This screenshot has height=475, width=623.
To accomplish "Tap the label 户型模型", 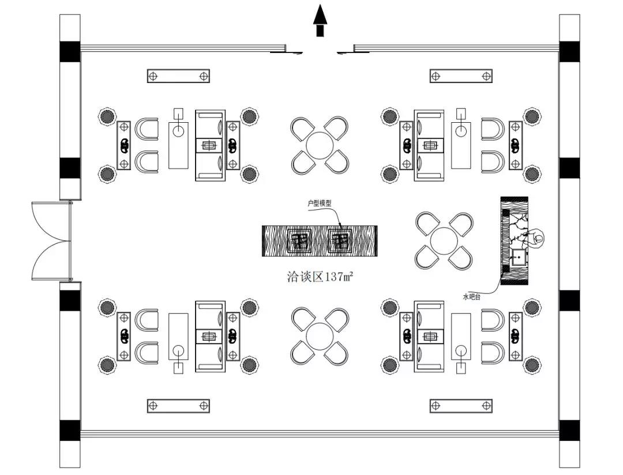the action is [x=320, y=203].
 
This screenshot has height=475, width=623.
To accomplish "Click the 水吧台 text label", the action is [x=472, y=297].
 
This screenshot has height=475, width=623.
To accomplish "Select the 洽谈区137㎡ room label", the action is [x=320, y=276].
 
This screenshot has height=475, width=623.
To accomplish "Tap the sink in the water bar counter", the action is [x=519, y=257].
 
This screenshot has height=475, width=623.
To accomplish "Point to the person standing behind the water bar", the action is [x=534, y=238].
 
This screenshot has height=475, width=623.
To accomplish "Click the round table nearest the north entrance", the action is [x=320, y=145].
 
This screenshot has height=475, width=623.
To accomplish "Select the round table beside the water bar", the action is [x=444, y=241].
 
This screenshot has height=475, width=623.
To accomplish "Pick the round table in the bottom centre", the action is [x=320, y=336].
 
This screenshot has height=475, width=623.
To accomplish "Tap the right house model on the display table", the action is [x=340, y=241].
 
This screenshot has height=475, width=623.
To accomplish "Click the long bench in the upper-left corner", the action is [x=178, y=76].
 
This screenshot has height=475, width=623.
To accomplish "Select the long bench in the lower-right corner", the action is [x=461, y=406].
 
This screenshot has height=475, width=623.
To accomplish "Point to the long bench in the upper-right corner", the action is [x=461, y=76].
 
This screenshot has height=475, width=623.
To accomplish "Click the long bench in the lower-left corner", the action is [x=178, y=406].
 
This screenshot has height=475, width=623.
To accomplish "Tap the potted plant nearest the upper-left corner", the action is [x=107, y=116].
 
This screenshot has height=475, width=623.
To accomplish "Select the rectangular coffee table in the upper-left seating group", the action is [x=178, y=145].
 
